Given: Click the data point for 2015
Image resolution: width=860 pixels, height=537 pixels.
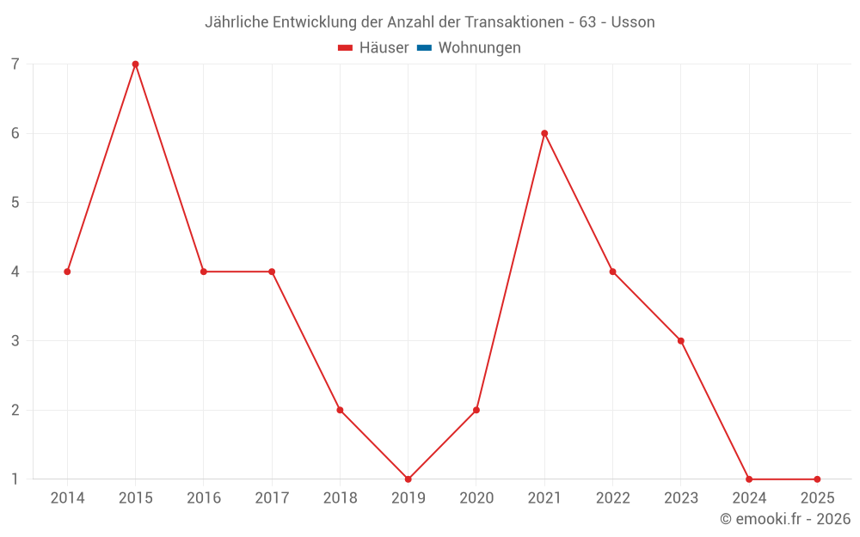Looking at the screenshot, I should pyautogui.click(x=135, y=64).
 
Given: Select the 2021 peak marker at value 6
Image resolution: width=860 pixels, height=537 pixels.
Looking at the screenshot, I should pyautogui.click(x=544, y=133).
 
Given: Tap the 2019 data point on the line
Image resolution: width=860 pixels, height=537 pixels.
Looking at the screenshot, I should pyautogui.click(x=408, y=479).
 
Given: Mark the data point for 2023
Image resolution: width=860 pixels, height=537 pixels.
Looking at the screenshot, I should pyautogui.click(x=681, y=341).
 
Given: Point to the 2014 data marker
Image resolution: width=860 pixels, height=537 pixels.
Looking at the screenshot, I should pyautogui.click(x=67, y=272).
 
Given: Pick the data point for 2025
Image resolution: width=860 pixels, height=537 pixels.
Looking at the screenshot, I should pyautogui.click(x=817, y=479).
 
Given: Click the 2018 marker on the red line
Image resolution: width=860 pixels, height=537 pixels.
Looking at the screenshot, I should pyautogui.click(x=340, y=410).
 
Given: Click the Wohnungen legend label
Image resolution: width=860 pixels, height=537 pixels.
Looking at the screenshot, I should pyautogui.click(x=479, y=48).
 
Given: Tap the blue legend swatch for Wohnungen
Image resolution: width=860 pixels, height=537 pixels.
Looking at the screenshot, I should pyautogui.click(x=424, y=48).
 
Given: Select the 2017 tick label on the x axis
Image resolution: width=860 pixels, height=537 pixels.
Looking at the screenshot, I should pyautogui.click(x=272, y=498).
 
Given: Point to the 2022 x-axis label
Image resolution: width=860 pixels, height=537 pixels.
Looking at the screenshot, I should pyautogui.click(x=612, y=498).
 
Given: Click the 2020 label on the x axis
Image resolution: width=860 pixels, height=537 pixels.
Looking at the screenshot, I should pyautogui.click(x=476, y=498).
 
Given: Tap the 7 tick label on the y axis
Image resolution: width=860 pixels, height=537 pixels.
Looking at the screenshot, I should pyautogui.click(x=15, y=64).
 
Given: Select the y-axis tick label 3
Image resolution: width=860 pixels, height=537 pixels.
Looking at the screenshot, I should pyautogui.click(x=15, y=341).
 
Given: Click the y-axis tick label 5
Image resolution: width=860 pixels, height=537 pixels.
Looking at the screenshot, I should pyautogui.click(x=15, y=203).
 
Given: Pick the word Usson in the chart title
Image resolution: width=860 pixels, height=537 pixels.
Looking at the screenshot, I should pyautogui.click(x=633, y=22).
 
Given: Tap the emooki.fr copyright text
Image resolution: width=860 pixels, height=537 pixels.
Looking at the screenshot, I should pyautogui.click(x=785, y=519).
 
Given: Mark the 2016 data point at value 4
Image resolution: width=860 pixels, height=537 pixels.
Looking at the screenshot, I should pyautogui.click(x=204, y=272).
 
